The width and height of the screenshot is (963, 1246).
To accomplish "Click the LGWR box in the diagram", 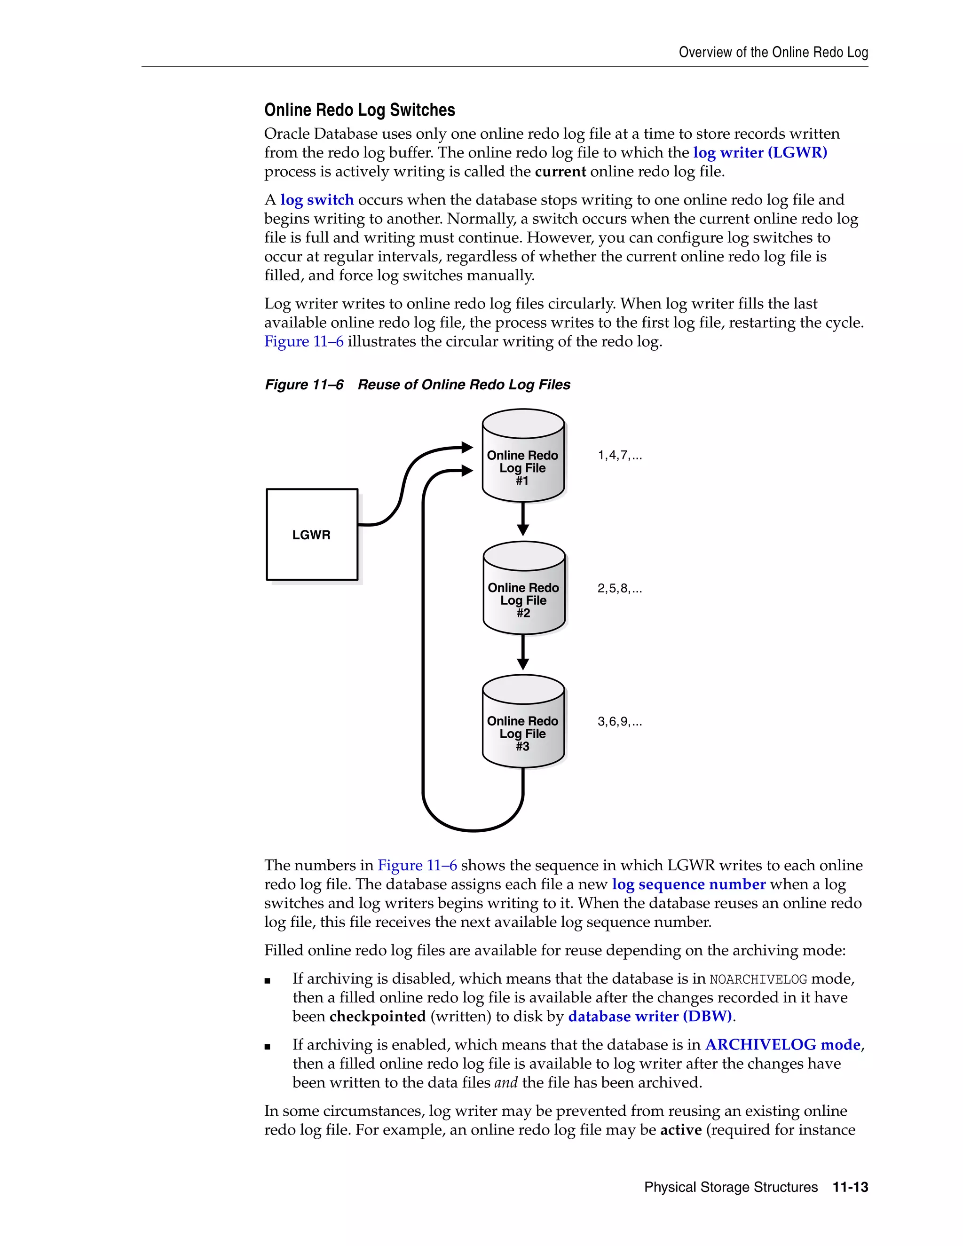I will [311, 534].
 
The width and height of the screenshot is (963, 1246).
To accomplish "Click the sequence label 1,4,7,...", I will [620, 455].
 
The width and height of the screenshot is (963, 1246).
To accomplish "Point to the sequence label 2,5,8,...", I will [620, 588].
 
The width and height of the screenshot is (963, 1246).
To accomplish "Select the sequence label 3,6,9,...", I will [620, 722].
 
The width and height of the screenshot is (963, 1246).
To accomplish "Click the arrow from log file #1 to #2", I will [522, 519].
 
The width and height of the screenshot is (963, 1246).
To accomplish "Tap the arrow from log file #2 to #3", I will [522, 653].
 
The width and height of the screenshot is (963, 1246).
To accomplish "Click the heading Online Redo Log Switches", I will [359, 110].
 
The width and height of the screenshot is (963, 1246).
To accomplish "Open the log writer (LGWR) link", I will [760, 152].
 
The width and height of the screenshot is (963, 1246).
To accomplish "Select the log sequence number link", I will [688, 884].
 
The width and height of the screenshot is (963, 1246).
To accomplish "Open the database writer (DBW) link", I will [650, 1016].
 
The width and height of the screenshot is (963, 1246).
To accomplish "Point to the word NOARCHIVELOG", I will [758, 979].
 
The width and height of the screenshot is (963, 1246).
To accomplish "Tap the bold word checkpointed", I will [378, 1016].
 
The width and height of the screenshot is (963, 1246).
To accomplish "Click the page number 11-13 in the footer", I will [850, 1187].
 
